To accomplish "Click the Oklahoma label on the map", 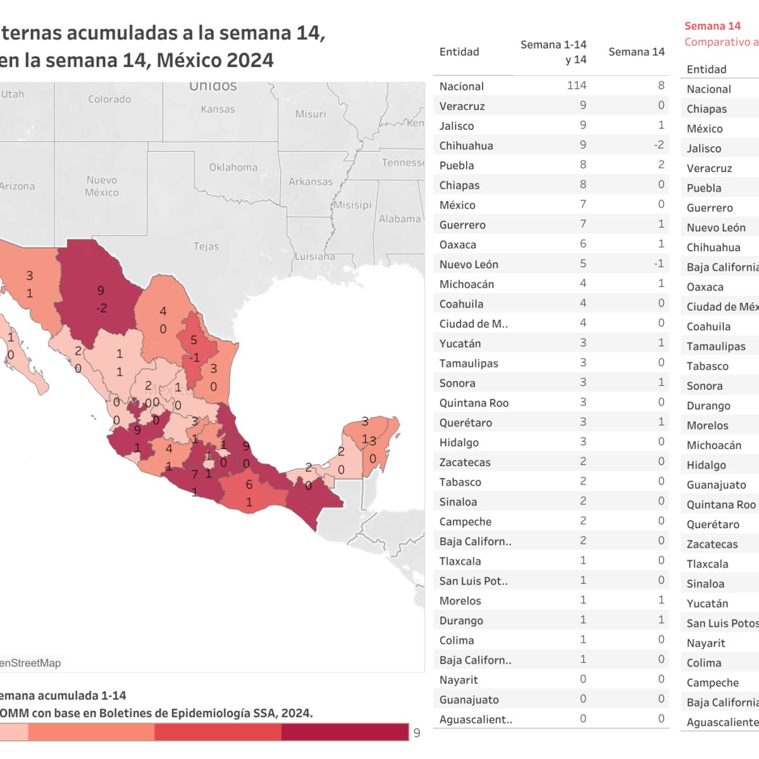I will (x=233, y=168).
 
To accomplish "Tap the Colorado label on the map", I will (x=109, y=99).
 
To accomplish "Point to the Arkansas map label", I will (x=311, y=182).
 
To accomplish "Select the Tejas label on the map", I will (x=206, y=246).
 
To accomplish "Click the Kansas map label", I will (x=218, y=109).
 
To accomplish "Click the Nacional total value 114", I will (x=576, y=85).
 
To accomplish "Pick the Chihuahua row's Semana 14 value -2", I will (x=658, y=145).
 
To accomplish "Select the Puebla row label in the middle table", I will (x=457, y=165).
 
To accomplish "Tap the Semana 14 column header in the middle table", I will (x=636, y=52).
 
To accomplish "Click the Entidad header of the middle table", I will (x=459, y=52).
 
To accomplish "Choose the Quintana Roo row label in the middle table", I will (x=474, y=403).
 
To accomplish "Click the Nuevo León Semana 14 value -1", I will (x=658, y=264).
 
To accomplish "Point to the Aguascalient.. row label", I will (x=476, y=719).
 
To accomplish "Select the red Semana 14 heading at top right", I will (x=712, y=26).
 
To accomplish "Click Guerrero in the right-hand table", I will (x=710, y=207).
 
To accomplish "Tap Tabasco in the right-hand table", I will (x=707, y=366).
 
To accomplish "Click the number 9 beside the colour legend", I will (x=417, y=732).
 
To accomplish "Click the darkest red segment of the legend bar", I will (x=345, y=732).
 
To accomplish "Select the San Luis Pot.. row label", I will (x=473, y=581).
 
